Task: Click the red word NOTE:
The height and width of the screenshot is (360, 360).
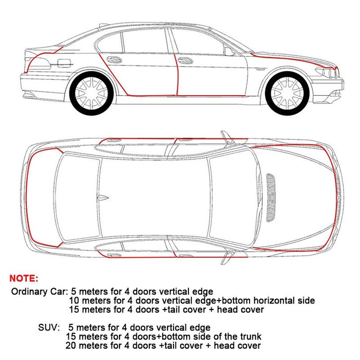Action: [x=24, y=278]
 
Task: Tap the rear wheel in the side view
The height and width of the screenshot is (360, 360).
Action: [x=91, y=93]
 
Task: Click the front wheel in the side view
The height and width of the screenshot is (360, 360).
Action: [x=287, y=93]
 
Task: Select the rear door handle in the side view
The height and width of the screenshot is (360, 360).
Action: [x=115, y=60]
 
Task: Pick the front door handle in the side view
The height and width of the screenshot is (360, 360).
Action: [x=185, y=60]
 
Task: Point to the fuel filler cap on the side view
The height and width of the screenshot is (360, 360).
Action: [x=64, y=63]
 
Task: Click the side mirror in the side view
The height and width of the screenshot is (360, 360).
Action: [x=229, y=52]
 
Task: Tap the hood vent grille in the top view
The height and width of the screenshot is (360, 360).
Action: [x=271, y=198]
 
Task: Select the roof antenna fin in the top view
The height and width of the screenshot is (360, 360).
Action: [x=103, y=198]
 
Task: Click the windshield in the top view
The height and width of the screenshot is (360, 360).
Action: [x=232, y=198]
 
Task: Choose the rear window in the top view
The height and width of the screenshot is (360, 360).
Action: [x=77, y=198]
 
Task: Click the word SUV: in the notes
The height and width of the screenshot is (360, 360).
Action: [x=49, y=327]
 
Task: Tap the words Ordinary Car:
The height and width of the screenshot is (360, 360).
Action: [x=39, y=292]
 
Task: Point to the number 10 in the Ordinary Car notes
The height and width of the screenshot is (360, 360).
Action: [x=74, y=300]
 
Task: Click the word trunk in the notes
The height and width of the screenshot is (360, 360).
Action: [x=251, y=336]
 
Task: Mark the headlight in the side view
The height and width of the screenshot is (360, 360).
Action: [x=326, y=71]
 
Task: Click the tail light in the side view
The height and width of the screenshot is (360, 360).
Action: [x=39, y=63]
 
